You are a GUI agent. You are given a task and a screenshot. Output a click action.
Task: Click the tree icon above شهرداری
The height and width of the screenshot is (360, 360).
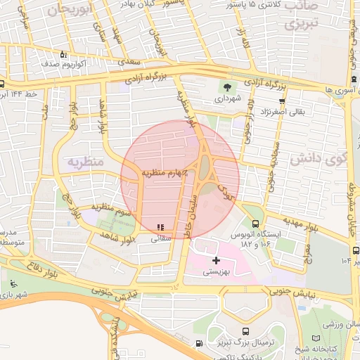click(227, 87)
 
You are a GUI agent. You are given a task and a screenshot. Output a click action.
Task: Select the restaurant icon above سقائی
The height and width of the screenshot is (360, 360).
click(161, 227)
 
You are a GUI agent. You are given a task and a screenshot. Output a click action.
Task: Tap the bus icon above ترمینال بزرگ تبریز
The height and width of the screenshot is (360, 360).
click(245, 332)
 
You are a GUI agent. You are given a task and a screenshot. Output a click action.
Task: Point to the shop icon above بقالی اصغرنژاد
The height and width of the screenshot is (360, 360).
click(281, 100)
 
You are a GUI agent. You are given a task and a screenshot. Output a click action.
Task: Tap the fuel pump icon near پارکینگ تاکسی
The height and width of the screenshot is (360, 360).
click(199, 344)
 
